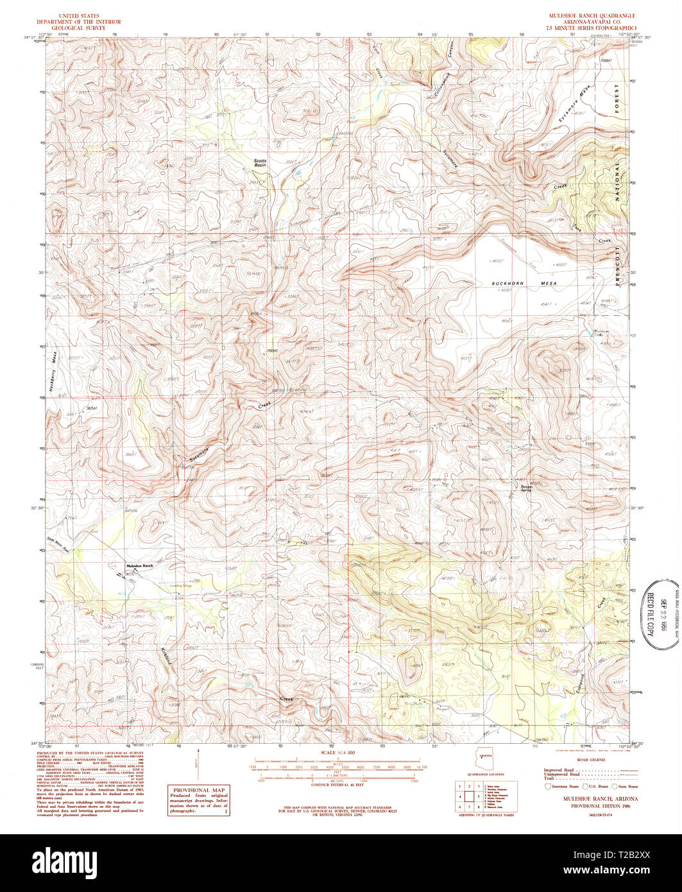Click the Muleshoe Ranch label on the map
pos(140,565)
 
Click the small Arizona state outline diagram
pos(486,761)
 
